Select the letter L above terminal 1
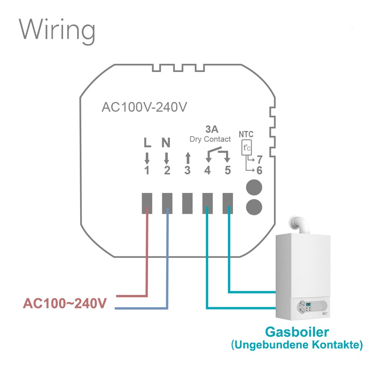(x=147, y=143)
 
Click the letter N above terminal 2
(x=166, y=143)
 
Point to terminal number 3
(x=187, y=171)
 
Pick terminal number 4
(x=207, y=171)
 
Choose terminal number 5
(x=227, y=171)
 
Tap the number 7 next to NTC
(x=259, y=160)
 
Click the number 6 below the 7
(x=259, y=171)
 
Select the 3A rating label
(x=212, y=129)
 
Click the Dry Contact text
(x=210, y=139)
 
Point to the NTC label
(x=246, y=134)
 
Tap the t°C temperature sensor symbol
(x=246, y=148)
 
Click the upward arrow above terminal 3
(x=187, y=158)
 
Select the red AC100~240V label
(x=65, y=303)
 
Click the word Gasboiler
(x=297, y=331)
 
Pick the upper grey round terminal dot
(x=253, y=187)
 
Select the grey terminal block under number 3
(x=187, y=203)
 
